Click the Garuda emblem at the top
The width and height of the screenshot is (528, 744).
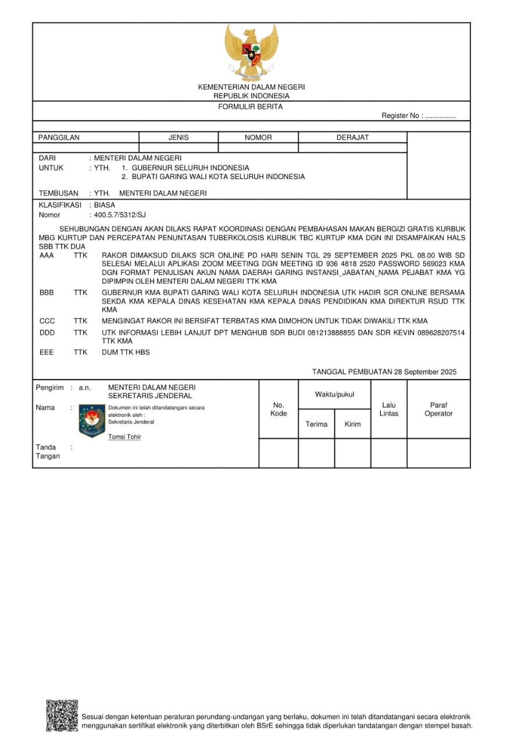pos(251,52)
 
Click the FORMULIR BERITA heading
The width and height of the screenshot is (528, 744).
pos(251,107)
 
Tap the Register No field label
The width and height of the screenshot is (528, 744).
pos(402,116)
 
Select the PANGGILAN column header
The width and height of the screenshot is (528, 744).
pos(59,138)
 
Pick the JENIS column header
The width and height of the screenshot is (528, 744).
pos(179,138)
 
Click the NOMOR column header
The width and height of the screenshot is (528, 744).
pos(258,138)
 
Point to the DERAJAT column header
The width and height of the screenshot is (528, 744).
pos(352,138)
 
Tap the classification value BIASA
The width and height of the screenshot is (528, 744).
pos(105,205)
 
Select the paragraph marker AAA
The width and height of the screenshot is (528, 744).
pos(47,255)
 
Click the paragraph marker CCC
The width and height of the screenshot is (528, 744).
pos(47,321)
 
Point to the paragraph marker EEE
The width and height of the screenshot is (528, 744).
pos(47,352)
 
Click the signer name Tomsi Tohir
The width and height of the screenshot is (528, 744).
pos(124,437)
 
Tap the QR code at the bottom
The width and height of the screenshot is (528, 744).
pos(62,716)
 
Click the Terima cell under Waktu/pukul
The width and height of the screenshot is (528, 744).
pos(316,424)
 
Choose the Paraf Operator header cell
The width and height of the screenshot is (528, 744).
pos(438,409)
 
